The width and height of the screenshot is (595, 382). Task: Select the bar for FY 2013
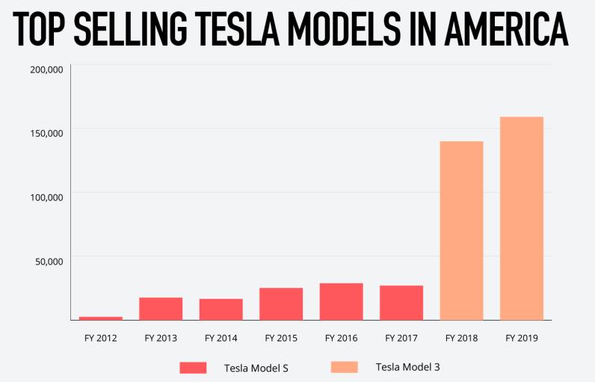161,309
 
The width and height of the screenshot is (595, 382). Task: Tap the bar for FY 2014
221,309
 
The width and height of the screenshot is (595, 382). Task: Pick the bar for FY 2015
281,304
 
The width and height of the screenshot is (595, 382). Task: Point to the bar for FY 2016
341,301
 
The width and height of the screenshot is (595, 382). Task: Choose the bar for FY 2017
401,303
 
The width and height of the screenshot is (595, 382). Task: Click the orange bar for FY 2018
461,230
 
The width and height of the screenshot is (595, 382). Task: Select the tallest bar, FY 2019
522,218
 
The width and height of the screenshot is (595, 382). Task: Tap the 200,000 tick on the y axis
46,70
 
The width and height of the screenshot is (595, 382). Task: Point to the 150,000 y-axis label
46,133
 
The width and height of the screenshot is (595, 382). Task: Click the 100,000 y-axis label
46,197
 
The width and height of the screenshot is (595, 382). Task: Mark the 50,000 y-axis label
49,261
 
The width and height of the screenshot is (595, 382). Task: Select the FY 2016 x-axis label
341,338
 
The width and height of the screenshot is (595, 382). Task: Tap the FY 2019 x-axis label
522,338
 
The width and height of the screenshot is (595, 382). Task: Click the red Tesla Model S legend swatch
193,367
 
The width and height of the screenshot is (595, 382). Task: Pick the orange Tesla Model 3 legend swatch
344,366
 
